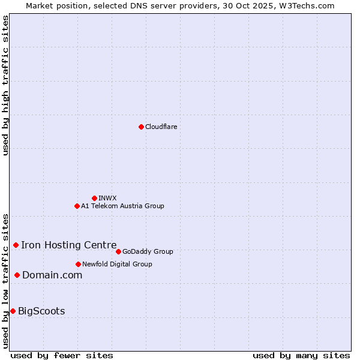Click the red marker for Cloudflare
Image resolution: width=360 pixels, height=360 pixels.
click(x=141, y=127)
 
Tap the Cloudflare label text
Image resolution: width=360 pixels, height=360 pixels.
click(x=161, y=127)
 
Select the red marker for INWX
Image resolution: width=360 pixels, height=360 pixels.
click(x=94, y=198)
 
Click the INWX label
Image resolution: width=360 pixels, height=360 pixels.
click(x=107, y=199)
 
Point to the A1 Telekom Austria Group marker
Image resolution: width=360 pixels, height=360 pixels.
click(x=77, y=206)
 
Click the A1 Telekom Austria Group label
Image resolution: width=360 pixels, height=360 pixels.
click(x=122, y=206)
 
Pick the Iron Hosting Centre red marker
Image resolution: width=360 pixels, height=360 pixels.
click(x=16, y=245)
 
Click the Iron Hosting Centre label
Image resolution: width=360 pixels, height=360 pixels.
click(x=68, y=245)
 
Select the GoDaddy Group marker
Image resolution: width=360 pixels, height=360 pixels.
click(x=118, y=251)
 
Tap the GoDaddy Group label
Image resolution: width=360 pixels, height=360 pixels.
click(x=147, y=252)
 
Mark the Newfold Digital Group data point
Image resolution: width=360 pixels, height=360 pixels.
click(x=78, y=264)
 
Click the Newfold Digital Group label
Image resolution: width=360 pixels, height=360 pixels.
click(x=117, y=265)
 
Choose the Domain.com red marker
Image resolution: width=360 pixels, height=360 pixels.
click(x=17, y=275)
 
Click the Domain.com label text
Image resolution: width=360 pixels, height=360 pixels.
click(x=52, y=275)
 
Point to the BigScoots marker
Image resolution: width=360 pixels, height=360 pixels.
click(x=13, y=311)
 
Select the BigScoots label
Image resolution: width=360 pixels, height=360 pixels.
click(x=41, y=311)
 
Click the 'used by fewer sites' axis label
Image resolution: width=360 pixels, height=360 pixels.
click(x=62, y=355)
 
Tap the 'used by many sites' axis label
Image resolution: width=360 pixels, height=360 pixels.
click(x=301, y=355)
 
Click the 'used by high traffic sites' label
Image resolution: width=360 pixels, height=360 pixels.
click(x=6, y=85)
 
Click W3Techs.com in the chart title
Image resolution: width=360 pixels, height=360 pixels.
click(x=305, y=5)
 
